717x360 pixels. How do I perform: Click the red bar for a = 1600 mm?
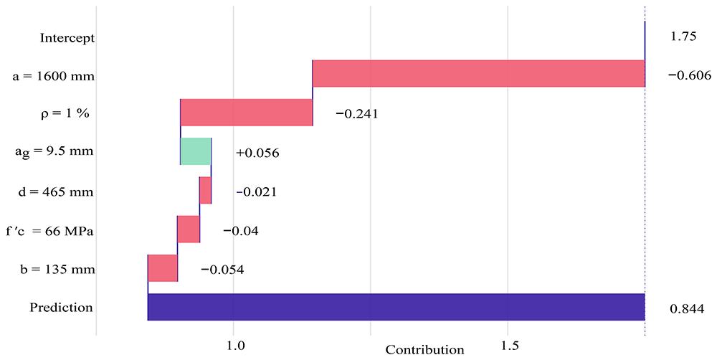point(478,73)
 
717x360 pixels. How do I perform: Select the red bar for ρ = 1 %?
point(247,112)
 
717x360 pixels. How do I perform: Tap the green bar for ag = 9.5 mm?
point(196,151)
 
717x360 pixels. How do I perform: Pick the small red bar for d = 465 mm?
point(205,190)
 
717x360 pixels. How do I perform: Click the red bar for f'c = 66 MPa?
point(189,229)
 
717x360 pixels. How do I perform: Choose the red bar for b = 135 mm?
point(162,268)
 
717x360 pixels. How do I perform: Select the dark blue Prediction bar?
point(396,307)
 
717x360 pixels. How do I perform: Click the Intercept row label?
point(67,37)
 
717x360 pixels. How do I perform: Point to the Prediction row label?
point(61,308)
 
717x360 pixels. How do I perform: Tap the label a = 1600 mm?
point(54,76)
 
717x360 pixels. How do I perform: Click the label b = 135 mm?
point(54,270)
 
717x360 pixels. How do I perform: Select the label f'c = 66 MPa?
point(49,231)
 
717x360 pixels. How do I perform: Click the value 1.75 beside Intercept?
point(683,37)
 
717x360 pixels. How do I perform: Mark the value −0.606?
point(690,75)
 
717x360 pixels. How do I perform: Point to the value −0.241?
point(356,114)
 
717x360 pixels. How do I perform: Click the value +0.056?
point(257,153)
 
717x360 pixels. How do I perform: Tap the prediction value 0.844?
point(687,309)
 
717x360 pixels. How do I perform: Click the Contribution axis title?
point(424,350)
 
